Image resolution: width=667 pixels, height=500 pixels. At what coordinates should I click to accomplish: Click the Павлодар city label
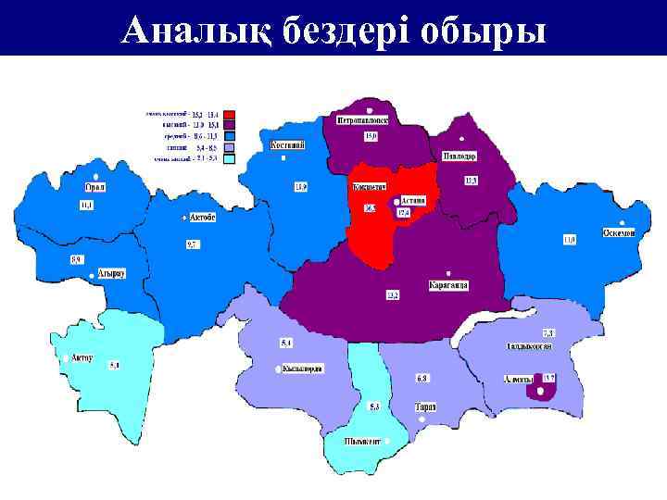pyautogui.click(x=459, y=156)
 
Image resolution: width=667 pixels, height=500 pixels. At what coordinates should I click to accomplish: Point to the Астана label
pyautogui.click(x=412, y=200)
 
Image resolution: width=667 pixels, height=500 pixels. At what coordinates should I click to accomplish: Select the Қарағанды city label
pyautogui.click(x=448, y=285)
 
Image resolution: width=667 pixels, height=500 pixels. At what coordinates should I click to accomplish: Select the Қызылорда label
pyautogui.click(x=302, y=369)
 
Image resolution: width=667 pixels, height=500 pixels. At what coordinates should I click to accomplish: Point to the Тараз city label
pyautogui.click(x=425, y=407)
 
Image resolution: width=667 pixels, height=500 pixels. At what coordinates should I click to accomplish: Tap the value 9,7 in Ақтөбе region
pyautogui.click(x=192, y=244)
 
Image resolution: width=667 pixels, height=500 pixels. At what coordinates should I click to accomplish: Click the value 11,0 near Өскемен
pyautogui.click(x=569, y=240)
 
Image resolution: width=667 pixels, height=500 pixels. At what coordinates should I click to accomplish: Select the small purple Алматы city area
pyautogui.click(x=540, y=391)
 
